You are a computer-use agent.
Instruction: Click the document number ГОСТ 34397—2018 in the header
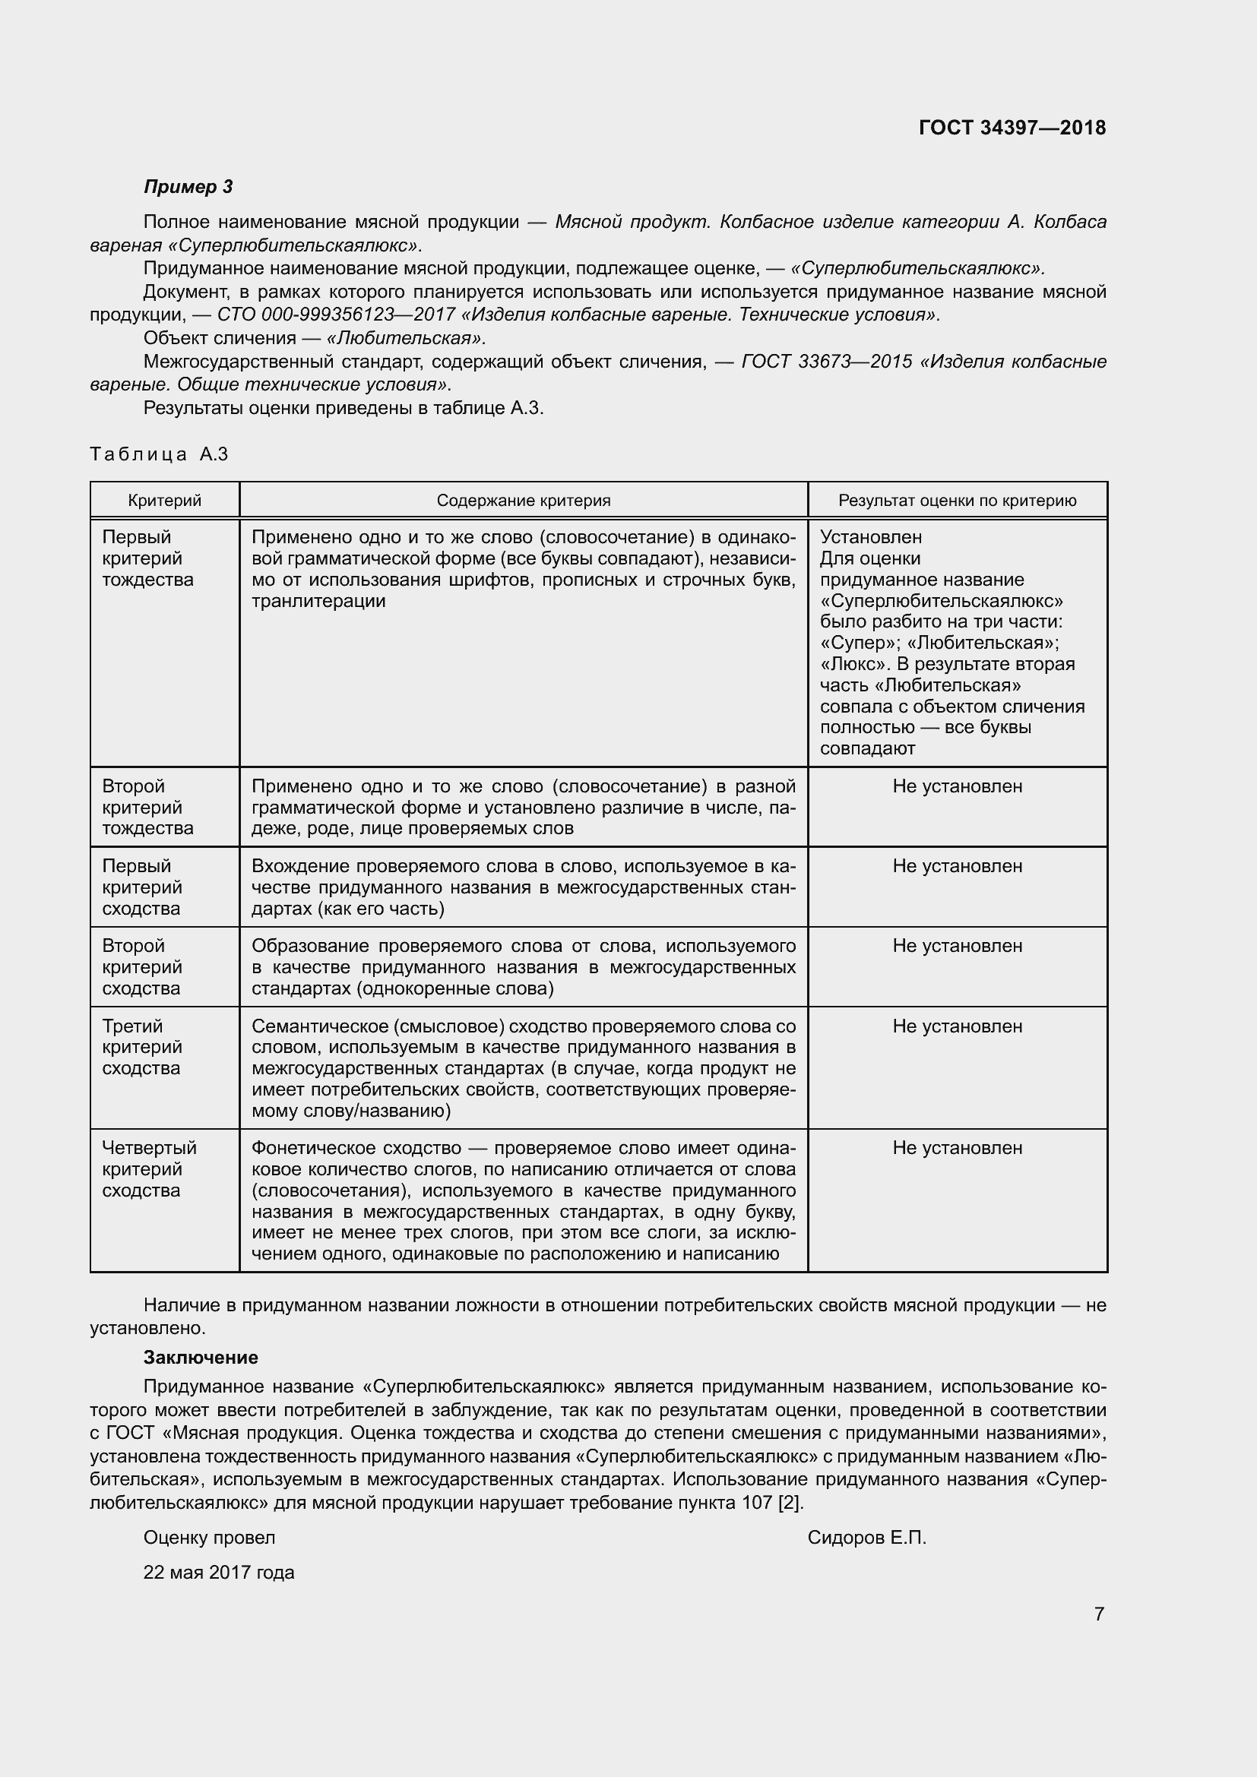1012,128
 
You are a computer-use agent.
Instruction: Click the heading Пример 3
188,187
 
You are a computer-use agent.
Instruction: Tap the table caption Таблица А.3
159,454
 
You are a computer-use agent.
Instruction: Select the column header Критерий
164,501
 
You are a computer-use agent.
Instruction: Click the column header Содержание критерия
523,501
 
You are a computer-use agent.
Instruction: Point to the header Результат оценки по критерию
957,501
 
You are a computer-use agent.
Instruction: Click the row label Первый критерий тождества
148,558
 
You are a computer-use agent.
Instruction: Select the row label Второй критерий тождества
148,808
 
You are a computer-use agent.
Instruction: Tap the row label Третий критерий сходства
141,1047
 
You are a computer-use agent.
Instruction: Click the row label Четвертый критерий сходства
150,1168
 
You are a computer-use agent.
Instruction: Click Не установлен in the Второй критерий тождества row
957,786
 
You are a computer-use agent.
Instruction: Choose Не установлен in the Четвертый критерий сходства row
957,1148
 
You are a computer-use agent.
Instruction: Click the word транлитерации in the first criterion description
318,601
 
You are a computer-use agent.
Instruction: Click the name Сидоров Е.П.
866,1538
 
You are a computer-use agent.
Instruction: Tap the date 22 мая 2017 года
218,1573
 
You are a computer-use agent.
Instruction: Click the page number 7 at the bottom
1098,1614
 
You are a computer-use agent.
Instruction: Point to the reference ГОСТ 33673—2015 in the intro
826,362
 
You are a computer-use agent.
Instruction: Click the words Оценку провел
209,1538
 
